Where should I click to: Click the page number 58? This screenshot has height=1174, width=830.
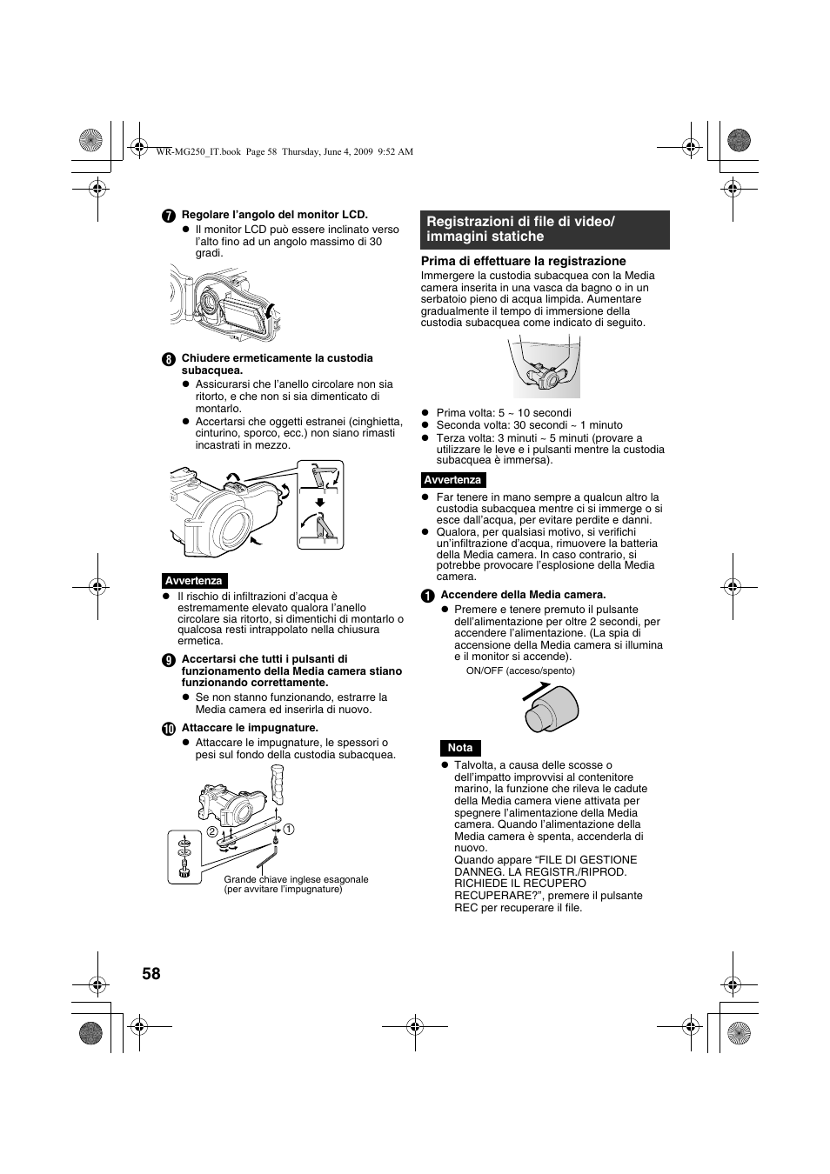point(151,973)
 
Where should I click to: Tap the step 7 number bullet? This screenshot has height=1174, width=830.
point(169,216)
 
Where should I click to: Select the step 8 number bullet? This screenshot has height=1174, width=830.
point(169,359)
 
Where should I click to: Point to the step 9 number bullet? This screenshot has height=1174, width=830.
point(169,660)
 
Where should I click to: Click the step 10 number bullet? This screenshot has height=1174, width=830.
point(169,729)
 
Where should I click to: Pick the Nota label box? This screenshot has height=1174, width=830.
point(460,748)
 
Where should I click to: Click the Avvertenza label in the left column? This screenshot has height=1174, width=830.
point(194,581)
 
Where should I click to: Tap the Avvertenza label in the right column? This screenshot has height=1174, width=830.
point(452,480)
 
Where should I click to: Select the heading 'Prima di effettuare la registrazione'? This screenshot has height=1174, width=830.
point(524,261)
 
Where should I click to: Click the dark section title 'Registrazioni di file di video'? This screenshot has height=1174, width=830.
point(545,230)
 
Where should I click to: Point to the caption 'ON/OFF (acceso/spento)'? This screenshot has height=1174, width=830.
point(520,670)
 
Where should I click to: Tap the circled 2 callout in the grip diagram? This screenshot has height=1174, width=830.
point(211,831)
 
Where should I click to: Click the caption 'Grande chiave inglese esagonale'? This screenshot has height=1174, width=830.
point(296,879)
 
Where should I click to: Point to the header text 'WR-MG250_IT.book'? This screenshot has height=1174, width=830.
point(197,151)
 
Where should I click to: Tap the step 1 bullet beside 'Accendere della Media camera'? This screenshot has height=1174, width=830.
point(428,596)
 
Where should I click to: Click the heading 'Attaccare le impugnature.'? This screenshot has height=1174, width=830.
point(250,728)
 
